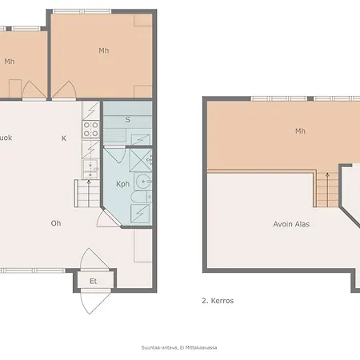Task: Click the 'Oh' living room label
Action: (x=56, y=223)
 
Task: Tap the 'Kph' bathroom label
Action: (x=122, y=184)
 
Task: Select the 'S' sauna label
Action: (x=127, y=120)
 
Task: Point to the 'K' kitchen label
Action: (x=64, y=138)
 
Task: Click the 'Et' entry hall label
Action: (x=93, y=281)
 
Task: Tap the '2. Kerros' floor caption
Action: (x=218, y=301)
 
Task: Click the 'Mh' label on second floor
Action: (x=300, y=131)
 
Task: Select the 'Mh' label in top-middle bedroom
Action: (x=103, y=50)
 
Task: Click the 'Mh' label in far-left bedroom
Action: (x=10, y=62)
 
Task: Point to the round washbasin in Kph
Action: (x=142, y=180)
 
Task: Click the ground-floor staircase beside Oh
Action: (x=86, y=192)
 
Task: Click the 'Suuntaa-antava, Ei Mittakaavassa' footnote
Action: (x=179, y=346)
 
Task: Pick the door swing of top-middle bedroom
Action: (x=66, y=91)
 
